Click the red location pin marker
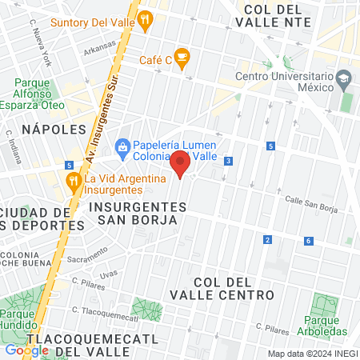181,163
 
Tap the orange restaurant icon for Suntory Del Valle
145,21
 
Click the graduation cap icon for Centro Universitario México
344,78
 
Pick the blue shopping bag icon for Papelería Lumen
122,146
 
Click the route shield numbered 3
229,161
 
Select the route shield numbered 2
267,239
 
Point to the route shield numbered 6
308,240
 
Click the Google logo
27,350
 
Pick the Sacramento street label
87,254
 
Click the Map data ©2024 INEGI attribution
313,354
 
